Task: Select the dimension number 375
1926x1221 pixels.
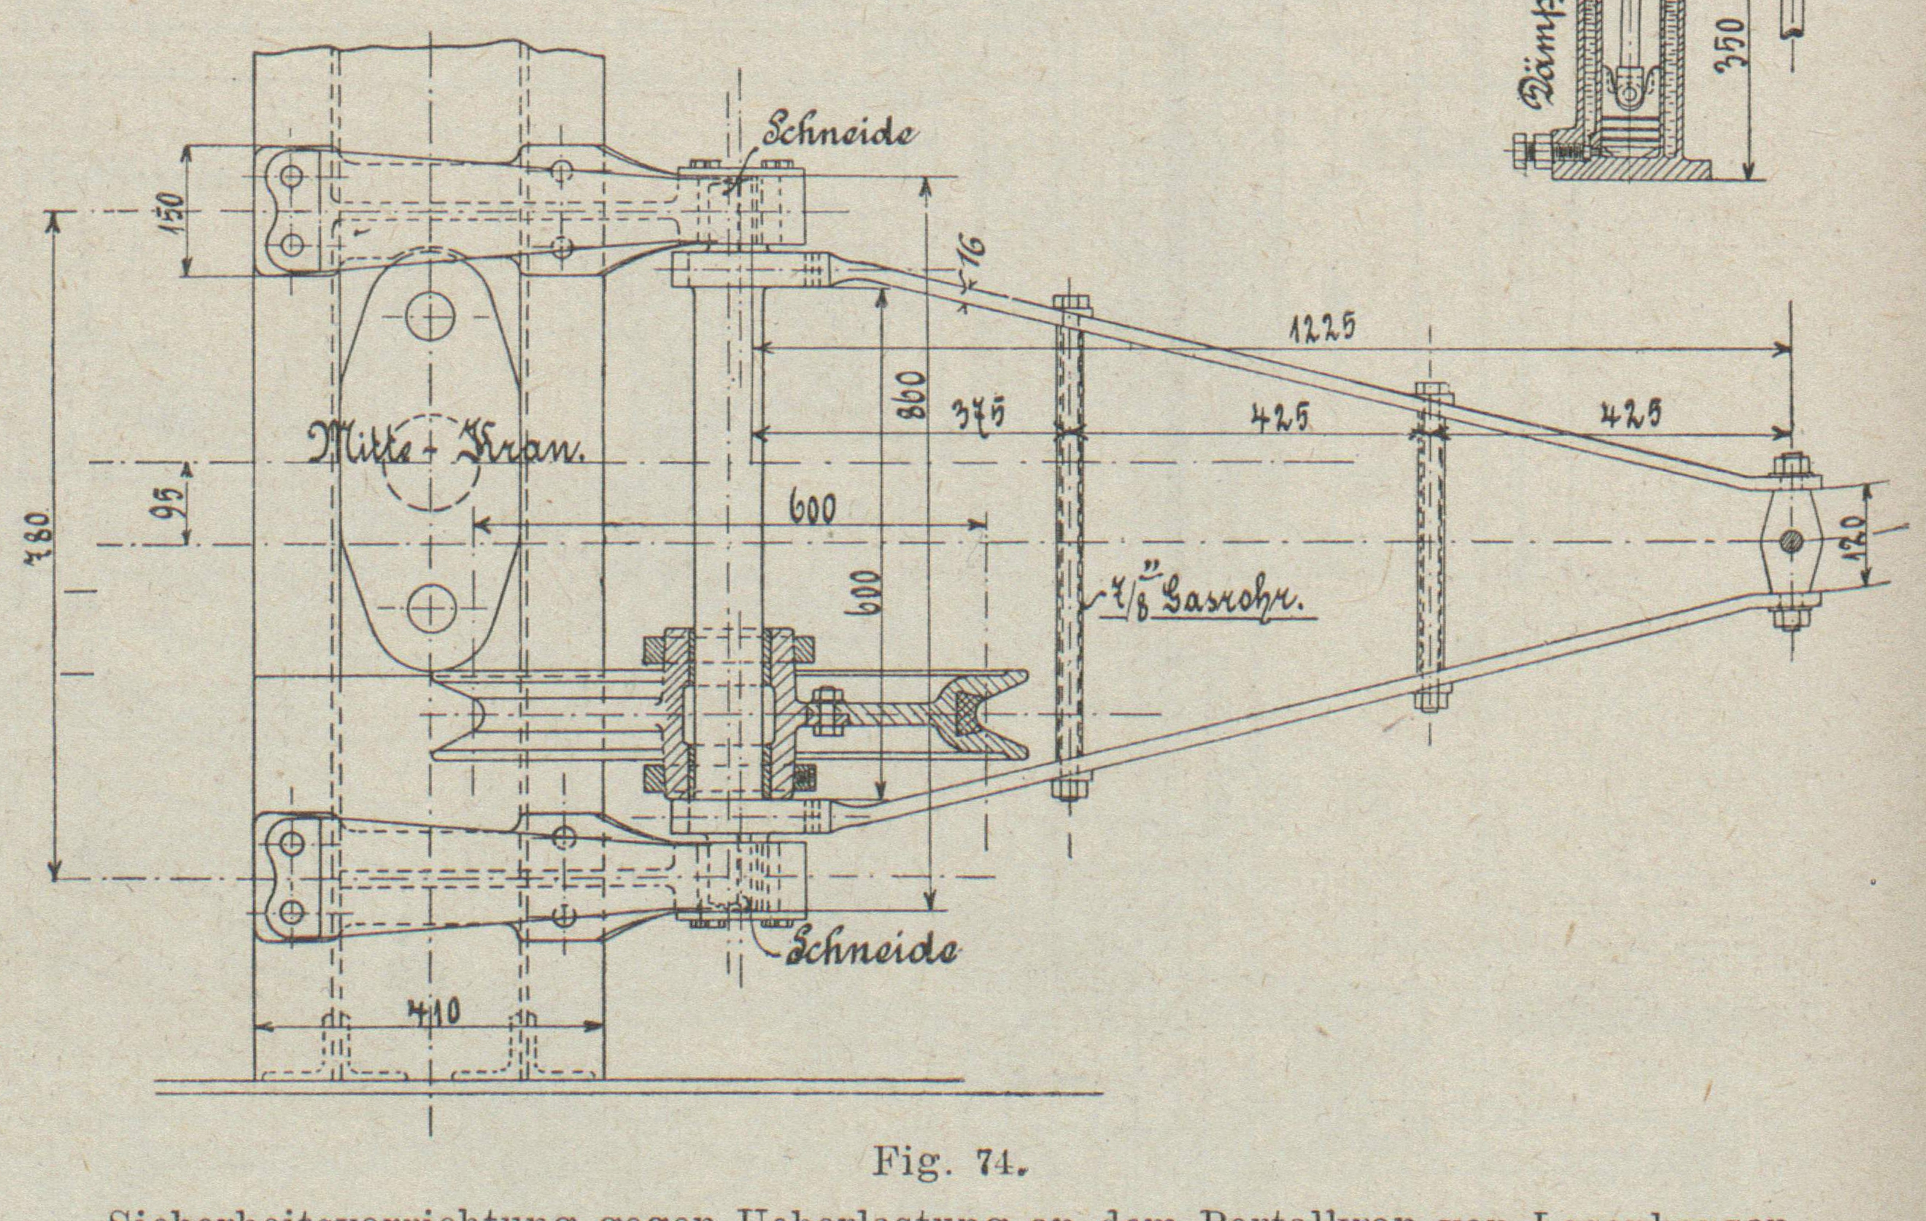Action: click(x=977, y=416)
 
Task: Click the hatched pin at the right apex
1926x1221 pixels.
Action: click(x=1791, y=542)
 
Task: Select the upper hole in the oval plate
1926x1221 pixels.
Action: click(x=430, y=317)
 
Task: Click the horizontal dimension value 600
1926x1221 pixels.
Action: click(x=812, y=509)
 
